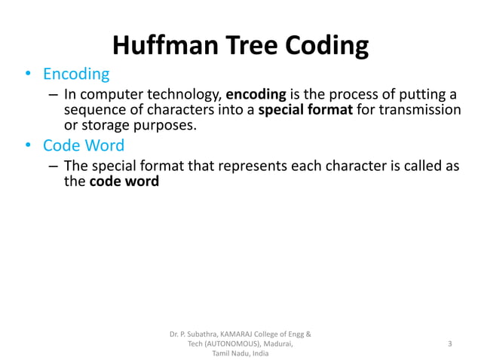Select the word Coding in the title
pos(326,46)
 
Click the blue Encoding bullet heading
pos(76,75)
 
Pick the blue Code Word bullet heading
pos(84,145)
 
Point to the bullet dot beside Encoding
pos(28,75)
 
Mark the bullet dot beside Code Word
pos(28,145)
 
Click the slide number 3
pos(449,343)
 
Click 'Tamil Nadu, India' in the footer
pos(240,353)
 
